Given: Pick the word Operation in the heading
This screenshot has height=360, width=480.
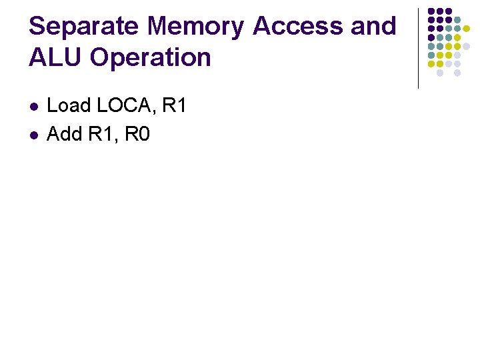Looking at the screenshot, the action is (151, 59).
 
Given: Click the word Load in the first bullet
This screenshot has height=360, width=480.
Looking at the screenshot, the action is (69, 105).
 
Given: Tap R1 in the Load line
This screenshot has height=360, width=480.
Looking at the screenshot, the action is (174, 105).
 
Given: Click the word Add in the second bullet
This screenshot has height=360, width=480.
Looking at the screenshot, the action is (64, 134).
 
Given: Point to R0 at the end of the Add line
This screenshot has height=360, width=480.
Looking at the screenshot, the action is (138, 134).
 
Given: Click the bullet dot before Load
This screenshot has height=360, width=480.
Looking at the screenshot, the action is (34, 107).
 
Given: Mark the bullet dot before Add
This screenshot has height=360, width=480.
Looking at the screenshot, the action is (34, 135).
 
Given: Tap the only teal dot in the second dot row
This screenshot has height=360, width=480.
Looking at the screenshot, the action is (457, 20).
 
